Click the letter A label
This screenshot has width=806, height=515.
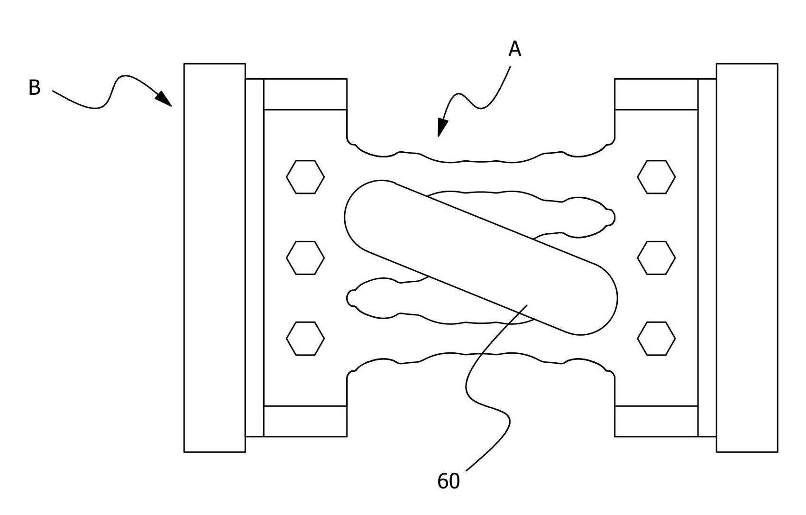[515, 49]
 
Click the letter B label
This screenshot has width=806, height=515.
[34, 87]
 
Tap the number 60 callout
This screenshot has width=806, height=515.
[449, 481]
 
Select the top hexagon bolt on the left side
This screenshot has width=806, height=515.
[305, 177]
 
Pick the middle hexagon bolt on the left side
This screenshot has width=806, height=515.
[305, 258]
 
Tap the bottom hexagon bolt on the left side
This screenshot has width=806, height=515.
[305, 339]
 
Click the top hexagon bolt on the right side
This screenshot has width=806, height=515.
[656, 177]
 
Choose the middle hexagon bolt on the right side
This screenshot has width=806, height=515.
[656, 258]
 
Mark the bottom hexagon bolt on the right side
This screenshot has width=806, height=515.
[656, 339]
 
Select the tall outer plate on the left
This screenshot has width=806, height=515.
[215, 257]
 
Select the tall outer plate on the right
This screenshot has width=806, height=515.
[747, 257]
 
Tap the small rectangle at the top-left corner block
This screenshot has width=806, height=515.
[305, 94]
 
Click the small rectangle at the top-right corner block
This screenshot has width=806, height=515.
[656, 94]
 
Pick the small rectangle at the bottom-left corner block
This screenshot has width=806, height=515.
[305, 421]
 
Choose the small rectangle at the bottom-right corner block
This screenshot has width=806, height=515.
[656, 421]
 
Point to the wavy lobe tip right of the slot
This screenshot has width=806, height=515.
[614, 218]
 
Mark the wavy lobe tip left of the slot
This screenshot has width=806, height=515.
[348, 298]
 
